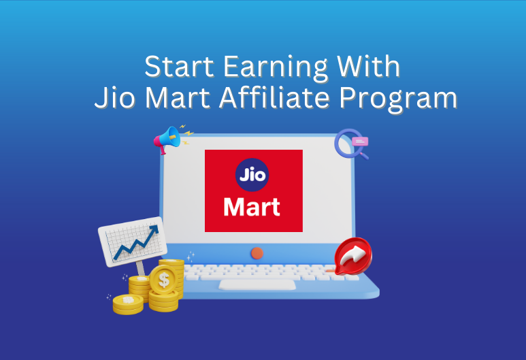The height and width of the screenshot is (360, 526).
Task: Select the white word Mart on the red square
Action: tap(252, 206)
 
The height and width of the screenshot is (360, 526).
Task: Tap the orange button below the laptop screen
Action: tap(257, 252)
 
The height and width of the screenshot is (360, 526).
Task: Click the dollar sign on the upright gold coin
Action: tap(163, 278)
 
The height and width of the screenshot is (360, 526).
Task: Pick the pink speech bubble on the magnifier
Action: tap(361, 141)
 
